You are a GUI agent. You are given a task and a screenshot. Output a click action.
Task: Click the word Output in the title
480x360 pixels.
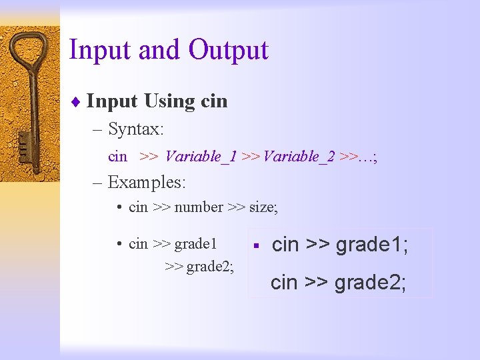(228, 51)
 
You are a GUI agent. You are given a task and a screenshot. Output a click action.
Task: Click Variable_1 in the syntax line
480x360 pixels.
(201, 157)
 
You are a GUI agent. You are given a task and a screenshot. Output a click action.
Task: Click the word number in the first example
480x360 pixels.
(199, 207)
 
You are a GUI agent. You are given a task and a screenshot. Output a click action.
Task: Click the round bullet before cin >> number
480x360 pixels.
(118, 207)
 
